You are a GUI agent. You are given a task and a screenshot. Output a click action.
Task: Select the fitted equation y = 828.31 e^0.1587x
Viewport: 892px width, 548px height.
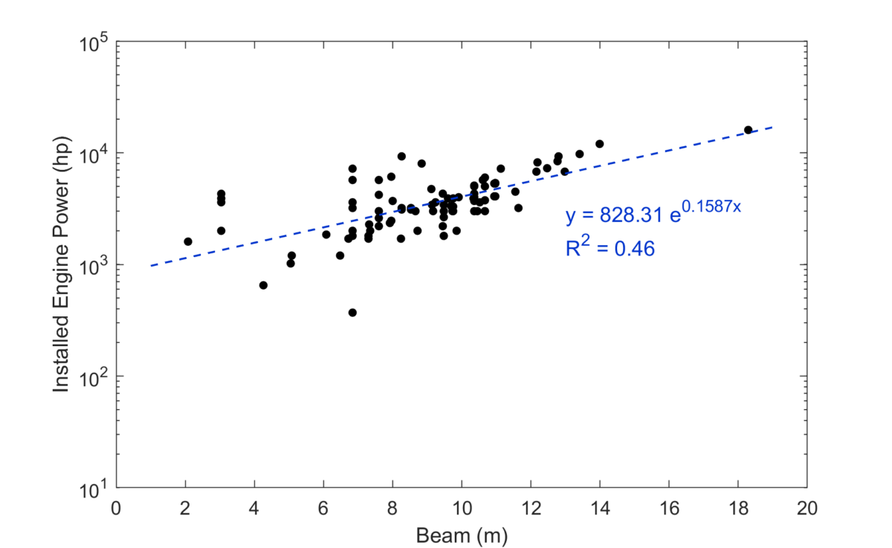[x=653, y=215]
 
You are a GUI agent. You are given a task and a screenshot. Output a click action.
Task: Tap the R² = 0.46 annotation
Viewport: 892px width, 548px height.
[x=610, y=249]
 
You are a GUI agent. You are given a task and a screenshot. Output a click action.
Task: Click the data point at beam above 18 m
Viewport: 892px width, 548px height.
[x=749, y=130]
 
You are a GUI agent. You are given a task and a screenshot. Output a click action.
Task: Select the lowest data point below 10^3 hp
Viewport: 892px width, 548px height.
[x=352, y=313]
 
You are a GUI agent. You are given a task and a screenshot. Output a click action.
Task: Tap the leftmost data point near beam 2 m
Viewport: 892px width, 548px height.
[x=188, y=241]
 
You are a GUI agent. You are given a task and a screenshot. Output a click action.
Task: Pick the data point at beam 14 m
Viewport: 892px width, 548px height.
[x=599, y=144]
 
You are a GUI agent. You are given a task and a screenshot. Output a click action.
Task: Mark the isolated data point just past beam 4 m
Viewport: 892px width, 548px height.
[x=263, y=285]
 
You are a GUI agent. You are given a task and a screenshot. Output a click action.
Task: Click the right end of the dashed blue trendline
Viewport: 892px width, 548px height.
[x=772, y=127]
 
